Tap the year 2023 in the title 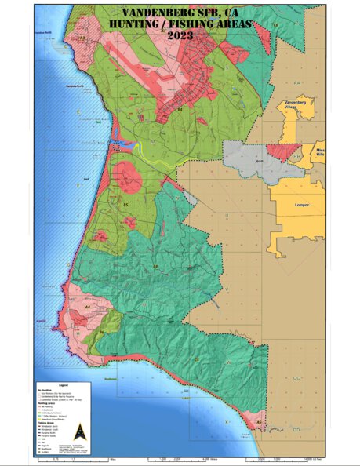[180, 35]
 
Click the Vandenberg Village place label [299, 106]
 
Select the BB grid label [296, 157]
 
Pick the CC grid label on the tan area [296, 378]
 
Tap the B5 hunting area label [125, 205]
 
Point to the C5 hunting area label [197, 359]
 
